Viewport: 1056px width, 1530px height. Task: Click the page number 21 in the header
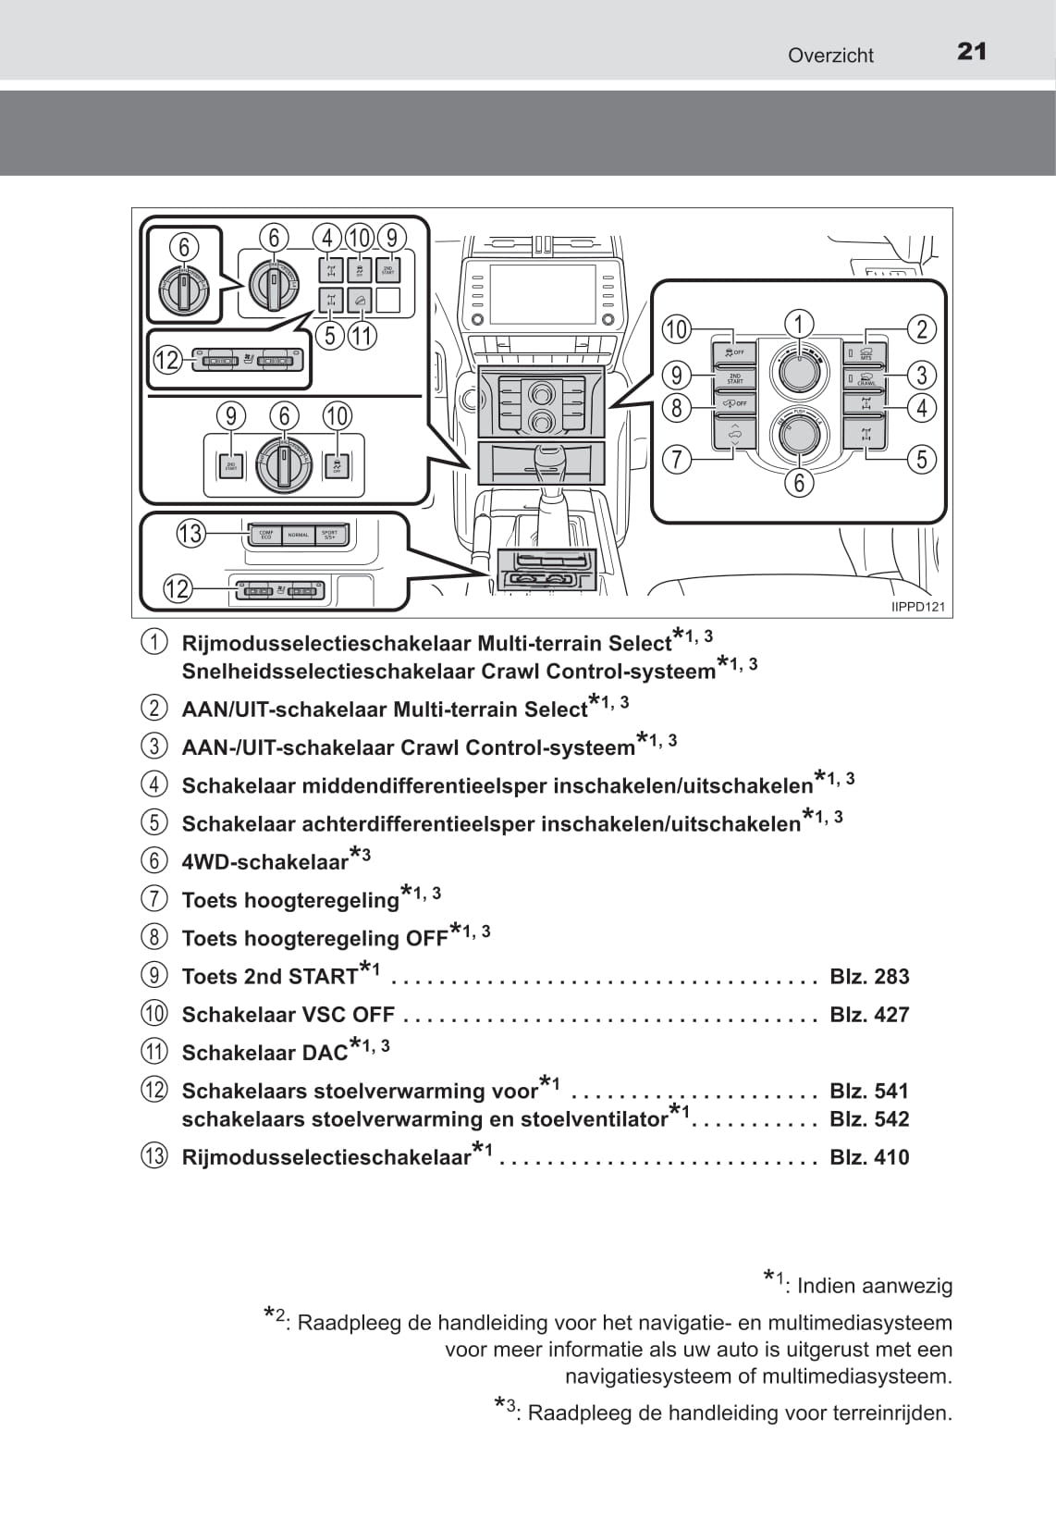972,52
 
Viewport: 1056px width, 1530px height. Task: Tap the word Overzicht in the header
830,56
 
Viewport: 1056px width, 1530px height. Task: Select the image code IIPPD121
918,607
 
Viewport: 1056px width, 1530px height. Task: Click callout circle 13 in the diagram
190,534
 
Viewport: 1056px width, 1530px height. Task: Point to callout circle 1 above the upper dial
799,323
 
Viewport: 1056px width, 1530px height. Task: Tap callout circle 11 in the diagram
362,335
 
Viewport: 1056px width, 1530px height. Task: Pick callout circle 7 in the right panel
677,459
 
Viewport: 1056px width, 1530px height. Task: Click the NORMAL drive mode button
298,535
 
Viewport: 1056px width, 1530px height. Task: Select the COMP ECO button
265,534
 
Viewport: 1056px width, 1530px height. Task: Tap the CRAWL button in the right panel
866,378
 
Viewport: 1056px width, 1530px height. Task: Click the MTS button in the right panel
866,353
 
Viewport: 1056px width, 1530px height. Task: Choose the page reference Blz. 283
869,977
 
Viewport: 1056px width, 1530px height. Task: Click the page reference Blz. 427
869,1015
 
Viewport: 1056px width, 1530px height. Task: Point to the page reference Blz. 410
869,1157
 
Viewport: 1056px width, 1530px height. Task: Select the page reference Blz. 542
869,1119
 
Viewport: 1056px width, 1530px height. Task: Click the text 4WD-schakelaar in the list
265,862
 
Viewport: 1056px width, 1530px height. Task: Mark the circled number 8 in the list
154,938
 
